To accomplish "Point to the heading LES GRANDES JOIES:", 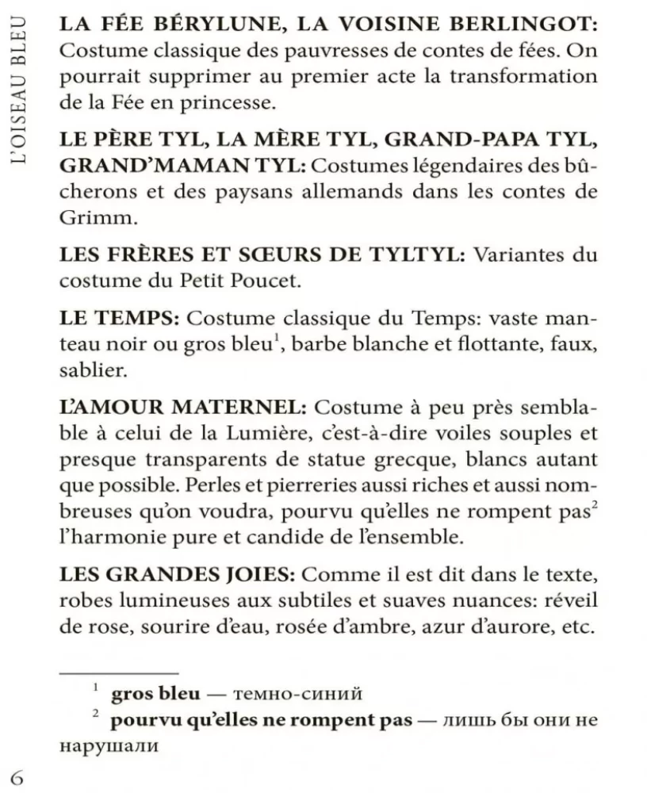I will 178,573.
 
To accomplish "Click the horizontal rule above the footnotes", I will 119,673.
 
